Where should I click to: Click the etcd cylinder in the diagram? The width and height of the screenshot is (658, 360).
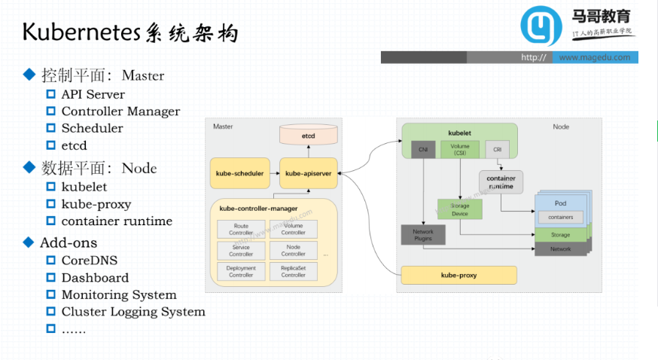[308, 136]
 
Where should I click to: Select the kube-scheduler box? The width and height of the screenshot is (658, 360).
[239, 173]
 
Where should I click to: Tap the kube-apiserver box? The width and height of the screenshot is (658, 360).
[308, 173]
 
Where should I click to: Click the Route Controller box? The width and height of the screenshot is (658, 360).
[241, 230]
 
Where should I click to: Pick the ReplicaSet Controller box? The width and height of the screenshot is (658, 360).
[293, 271]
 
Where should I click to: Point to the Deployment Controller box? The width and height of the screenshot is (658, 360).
[241, 271]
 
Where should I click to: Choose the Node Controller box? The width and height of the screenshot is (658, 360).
[293, 250]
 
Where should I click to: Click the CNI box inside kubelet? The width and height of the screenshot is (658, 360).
[423, 149]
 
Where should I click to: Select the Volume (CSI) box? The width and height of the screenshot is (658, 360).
[459, 148]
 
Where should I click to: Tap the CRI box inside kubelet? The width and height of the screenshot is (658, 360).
[497, 149]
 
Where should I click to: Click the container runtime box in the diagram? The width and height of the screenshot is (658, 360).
[500, 182]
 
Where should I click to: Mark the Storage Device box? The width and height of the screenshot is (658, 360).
[459, 209]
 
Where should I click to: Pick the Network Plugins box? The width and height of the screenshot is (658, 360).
[423, 235]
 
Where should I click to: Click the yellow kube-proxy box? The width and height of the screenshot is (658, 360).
[458, 275]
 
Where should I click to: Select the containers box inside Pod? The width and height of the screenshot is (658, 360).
[560, 217]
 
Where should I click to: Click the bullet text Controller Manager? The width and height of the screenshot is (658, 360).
[120, 111]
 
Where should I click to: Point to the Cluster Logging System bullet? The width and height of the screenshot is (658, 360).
[133, 312]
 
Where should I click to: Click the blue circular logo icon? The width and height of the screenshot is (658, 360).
[541, 28]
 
